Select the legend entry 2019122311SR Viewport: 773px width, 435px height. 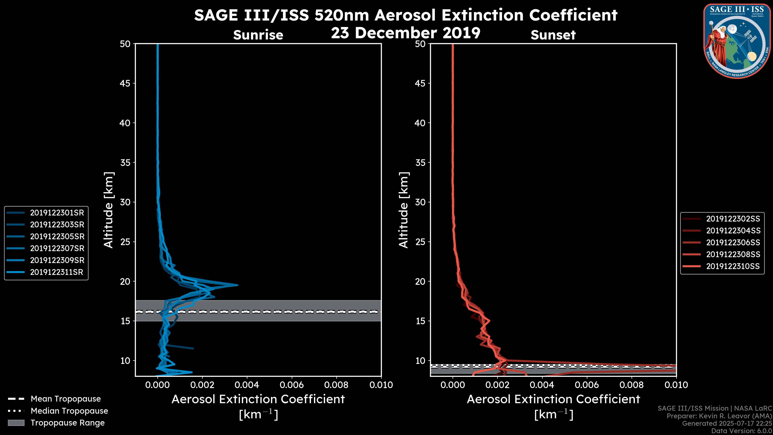click(x=56, y=272)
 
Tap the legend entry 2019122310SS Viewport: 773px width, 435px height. click(x=733, y=266)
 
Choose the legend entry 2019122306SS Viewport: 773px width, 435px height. click(x=733, y=242)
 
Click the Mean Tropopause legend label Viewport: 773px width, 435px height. click(x=66, y=399)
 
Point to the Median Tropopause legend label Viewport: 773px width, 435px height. click(x=69, y=411)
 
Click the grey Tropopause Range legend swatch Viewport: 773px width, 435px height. click(x=16, y=423)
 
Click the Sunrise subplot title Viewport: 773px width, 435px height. click(x=258, y=35)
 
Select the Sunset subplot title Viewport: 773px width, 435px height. click(x=553, y=35)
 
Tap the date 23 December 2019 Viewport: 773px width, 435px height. click(x=405, y=33)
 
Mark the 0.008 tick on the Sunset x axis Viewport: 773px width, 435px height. click(x=632, y=385)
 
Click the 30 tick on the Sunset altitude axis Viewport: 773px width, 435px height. click(x=420, y=202)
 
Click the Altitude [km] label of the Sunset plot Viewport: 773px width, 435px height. click(x=404, y=210)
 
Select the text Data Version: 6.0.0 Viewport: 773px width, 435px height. click(x=742, y=431)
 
